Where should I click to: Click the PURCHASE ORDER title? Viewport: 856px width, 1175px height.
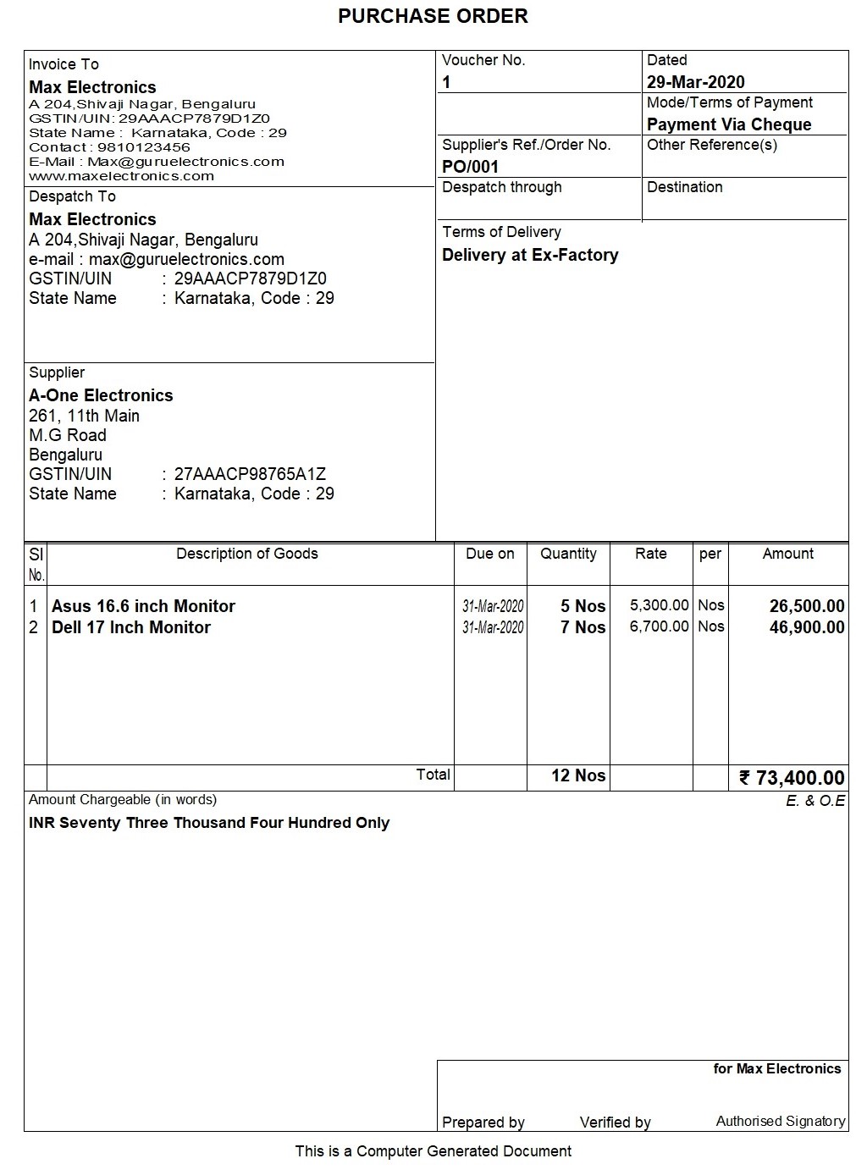[x=433, y=16]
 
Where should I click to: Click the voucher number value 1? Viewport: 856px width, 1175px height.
[x=447, y=82]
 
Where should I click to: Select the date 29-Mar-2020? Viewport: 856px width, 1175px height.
[x=696, y=82]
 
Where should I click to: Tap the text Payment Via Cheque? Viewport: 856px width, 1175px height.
[x=729, y=124]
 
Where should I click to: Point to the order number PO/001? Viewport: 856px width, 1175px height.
[x=471, y=167]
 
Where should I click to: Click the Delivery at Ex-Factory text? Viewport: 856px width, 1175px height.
[x=530, y=255]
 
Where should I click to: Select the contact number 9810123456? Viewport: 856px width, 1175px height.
[x=144, y=147]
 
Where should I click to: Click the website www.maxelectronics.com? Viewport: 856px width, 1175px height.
[x=121, y=176]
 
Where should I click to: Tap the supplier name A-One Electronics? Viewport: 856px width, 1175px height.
[x=101, y=395]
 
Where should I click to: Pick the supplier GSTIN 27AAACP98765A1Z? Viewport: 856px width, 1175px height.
[x=250, y=474]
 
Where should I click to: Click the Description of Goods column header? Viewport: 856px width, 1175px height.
[x=247, y=554]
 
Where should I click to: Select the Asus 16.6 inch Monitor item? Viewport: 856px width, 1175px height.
[x=143, y=606]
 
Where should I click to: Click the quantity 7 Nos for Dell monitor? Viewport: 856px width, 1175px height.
[x=583, y=627]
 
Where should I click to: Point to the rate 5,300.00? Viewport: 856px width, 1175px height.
[x=660, y=605]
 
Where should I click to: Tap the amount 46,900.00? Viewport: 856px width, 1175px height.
[x=807, y=627]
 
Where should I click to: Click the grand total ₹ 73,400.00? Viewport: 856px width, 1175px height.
[x=792, y=777]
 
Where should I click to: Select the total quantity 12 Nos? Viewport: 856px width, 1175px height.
[x=578, y=775]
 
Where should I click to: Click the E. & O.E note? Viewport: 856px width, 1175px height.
[x=815, y=801]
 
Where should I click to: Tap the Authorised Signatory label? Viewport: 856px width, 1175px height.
[x=781, y=1121]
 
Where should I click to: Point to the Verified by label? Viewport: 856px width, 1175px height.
[x=616, y=1123]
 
